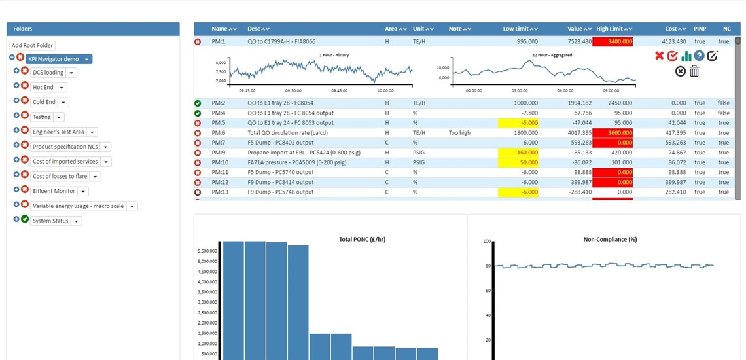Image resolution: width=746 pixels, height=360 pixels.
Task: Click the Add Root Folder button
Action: point(33,45)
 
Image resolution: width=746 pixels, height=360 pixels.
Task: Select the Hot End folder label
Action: point(43,87)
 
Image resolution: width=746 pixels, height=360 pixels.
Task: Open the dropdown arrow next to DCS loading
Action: point(72,73)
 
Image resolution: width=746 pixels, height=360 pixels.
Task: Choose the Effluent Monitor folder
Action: point(54,191)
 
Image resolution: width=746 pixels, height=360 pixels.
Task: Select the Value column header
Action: point(575,29)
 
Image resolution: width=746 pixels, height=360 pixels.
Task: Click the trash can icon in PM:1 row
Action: point(694,71)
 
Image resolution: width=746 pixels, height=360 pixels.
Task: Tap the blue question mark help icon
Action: point(699,56)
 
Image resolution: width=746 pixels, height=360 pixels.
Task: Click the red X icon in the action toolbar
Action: point(659,56)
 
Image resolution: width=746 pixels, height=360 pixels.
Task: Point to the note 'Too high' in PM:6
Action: point(460,133)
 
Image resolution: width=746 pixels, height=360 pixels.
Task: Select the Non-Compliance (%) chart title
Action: point(610,240)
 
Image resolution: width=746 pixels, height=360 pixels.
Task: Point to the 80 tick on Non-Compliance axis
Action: point(486,266)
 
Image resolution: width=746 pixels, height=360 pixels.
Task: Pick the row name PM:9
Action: point(219,153)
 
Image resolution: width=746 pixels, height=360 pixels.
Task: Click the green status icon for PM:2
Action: point(198,103)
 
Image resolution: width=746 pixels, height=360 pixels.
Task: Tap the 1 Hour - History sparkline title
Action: point(334,55)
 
